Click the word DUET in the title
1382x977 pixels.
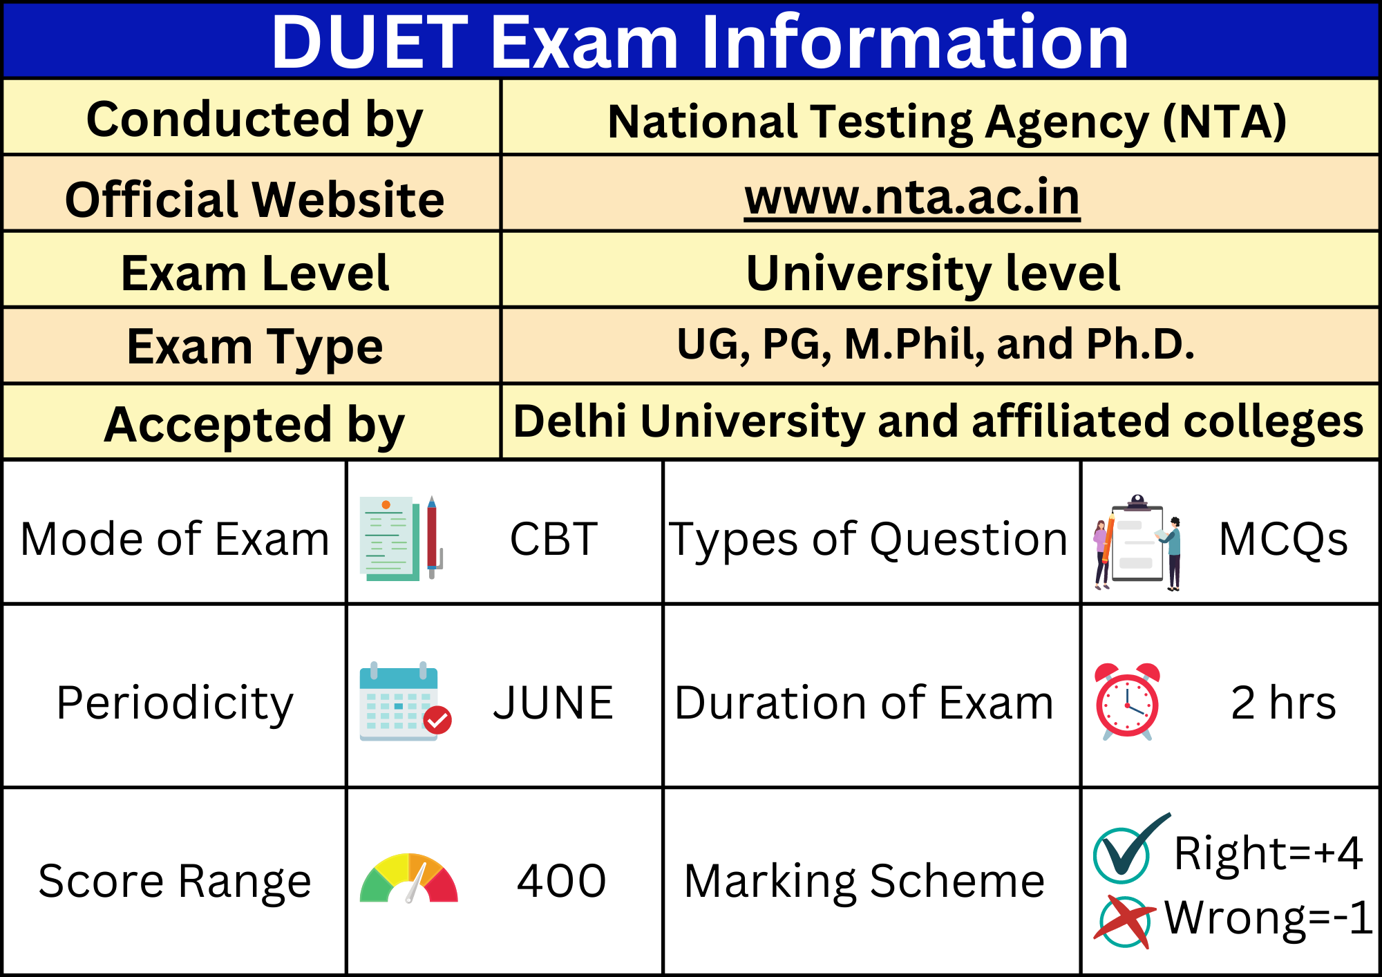click(370, 43)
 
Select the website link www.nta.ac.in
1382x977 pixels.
click(912, 198)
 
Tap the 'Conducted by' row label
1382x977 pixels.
click(254, 120)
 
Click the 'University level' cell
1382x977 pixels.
click(933, 273)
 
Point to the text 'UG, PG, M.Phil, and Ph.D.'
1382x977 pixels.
click(936, 345)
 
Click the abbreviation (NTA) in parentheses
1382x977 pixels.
click(1224, 122)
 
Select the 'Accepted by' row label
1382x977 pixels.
click(254, 424)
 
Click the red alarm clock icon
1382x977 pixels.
click(1127, 701)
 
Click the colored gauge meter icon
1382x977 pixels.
click(409, 879)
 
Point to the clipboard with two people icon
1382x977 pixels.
click(1137, 542)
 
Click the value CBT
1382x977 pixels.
click(553, 539)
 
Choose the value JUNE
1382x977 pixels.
click(553, 703)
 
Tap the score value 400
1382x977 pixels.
click(561, 881)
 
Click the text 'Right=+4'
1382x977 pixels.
click(1268, 853)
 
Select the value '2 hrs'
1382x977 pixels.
click(1283, 703)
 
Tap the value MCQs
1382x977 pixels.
click(1283, 539)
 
